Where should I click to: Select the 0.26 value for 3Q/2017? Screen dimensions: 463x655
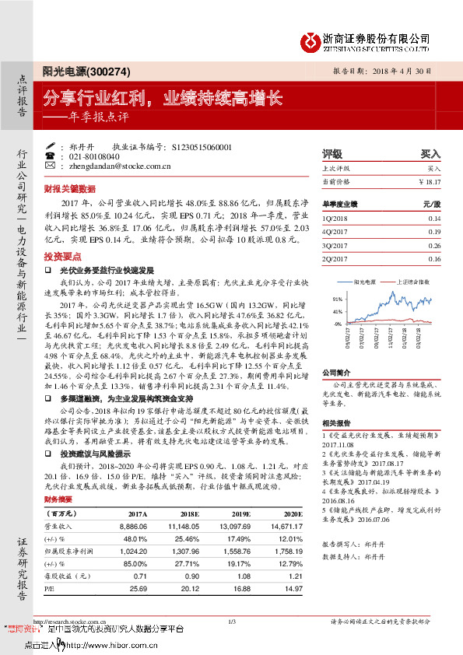click(x=434, y=245)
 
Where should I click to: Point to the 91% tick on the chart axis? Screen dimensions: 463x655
click(x=337, y=299)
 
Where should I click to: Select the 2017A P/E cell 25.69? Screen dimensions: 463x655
click(x=136, y=588)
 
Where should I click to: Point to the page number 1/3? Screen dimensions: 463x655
click(x=231, y=621)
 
